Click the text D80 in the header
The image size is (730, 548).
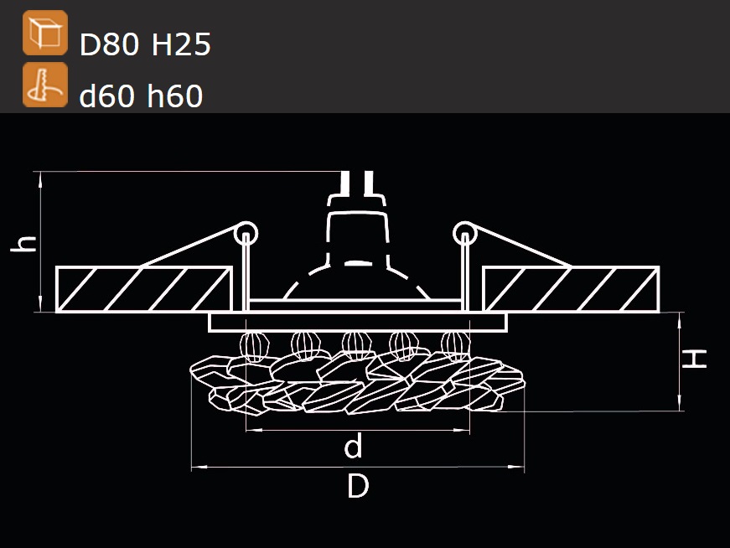tap(109, 44)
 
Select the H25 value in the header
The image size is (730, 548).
tap(181, 44)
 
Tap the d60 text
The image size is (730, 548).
tap(106, 96)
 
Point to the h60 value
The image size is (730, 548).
tap(174, 96)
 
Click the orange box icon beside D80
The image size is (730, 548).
tap(45, 33)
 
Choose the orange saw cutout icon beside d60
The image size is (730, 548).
tap(45, 85)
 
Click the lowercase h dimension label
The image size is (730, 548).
tap(23, 243)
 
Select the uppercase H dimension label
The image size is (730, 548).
tap(694, 359)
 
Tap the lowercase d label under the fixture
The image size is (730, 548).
tap(353, 445)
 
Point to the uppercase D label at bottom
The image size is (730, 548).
tap(358, 486)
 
